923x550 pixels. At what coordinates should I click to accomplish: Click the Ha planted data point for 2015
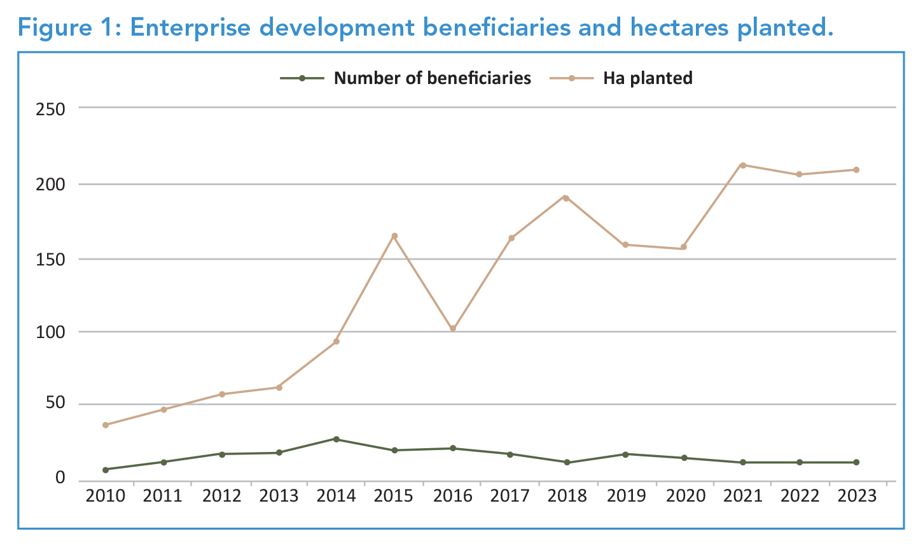coord(394,236)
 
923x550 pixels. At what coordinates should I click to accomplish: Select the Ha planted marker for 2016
coord(453,328)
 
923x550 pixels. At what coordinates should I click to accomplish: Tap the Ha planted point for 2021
coord(742,165)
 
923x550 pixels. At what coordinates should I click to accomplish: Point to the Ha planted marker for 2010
coord(106,425)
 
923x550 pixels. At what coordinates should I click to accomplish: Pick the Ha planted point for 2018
coord(565,197)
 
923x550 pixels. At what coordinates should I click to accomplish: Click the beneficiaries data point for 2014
coord(337,439)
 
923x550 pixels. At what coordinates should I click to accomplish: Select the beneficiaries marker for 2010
coord(106,470)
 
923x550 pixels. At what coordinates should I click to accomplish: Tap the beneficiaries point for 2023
coord(856,462)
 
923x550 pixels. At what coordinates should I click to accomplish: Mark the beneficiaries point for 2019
coord(625,454)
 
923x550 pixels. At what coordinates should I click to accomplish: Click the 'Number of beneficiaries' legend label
coord(432,78)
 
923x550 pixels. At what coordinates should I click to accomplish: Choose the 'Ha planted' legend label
coord(648,78)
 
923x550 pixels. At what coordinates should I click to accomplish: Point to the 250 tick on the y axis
coord(51,109)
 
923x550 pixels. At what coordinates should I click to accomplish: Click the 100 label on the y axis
coord(51,332)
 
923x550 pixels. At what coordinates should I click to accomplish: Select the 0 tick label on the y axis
coord(60,477)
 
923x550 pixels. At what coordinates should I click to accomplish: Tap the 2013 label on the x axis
coord(279,496)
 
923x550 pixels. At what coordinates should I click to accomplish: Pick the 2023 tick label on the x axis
coord(856,496)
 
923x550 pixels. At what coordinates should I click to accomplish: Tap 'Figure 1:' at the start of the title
coord(69,28)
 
